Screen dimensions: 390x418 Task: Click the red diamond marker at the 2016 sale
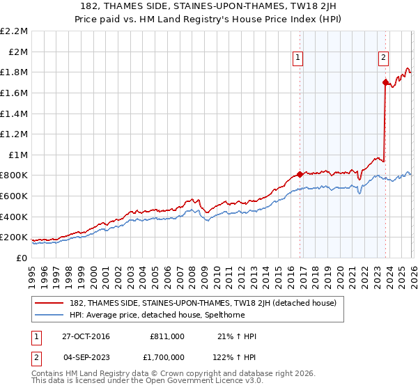pyautogui.click(x=300, y=174)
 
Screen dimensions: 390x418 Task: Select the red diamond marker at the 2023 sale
pyautogui.click(x=385, y=82)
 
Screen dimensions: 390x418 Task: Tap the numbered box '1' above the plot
pyautogui.click(x=298, y=58)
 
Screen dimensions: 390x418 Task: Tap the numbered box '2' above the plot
pyautogui.click(x=383, y=58)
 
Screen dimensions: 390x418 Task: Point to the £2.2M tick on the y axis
pyautogui.click(x=14, y=31)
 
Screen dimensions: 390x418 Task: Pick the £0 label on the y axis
pyautogui.click(x=22, y=258)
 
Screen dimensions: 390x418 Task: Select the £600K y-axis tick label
pyautogui.click(x=14, y=196)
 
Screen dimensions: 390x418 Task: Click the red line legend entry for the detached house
pyautogui.click(x=203, y=303)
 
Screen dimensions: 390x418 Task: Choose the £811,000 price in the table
pyautogui.click(x=167, y=336)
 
